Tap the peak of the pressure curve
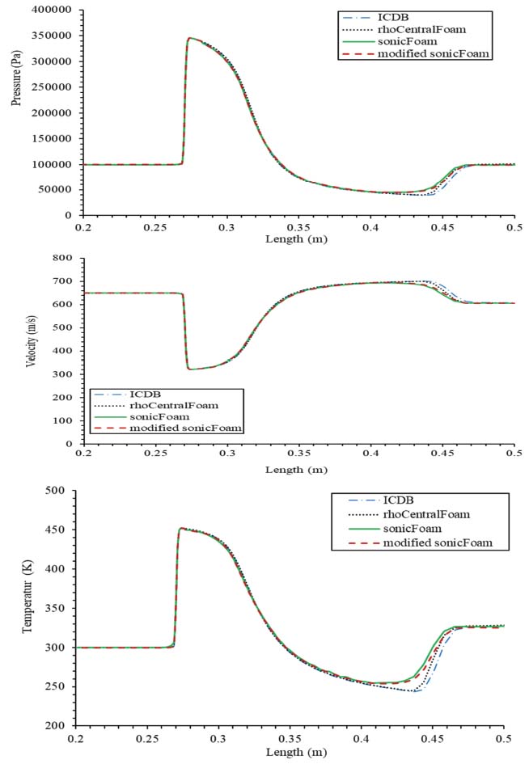[190, 38]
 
